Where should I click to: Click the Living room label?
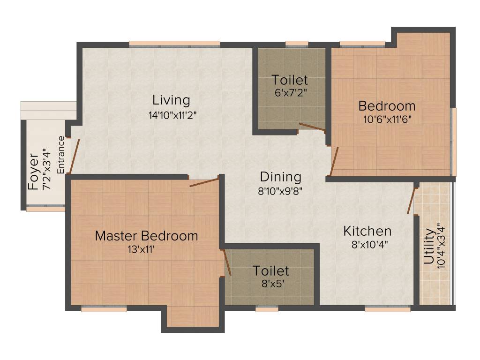(171, 100)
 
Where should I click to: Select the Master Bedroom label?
(146, 236)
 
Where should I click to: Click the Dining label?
(280, 177)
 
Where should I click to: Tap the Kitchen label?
(367, 231)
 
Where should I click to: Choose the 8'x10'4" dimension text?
(370, 244)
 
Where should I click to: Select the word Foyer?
(33, 172)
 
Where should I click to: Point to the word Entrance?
(60, 155)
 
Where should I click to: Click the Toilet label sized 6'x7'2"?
(290, 80)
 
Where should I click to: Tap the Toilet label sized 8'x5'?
(271, 271)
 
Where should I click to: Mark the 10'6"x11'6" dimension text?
(387, 119)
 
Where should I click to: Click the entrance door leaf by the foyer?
(75, 156)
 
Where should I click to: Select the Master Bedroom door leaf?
(204, 182)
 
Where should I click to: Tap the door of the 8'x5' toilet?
(227, 262)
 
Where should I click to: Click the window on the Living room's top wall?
(174, 44)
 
